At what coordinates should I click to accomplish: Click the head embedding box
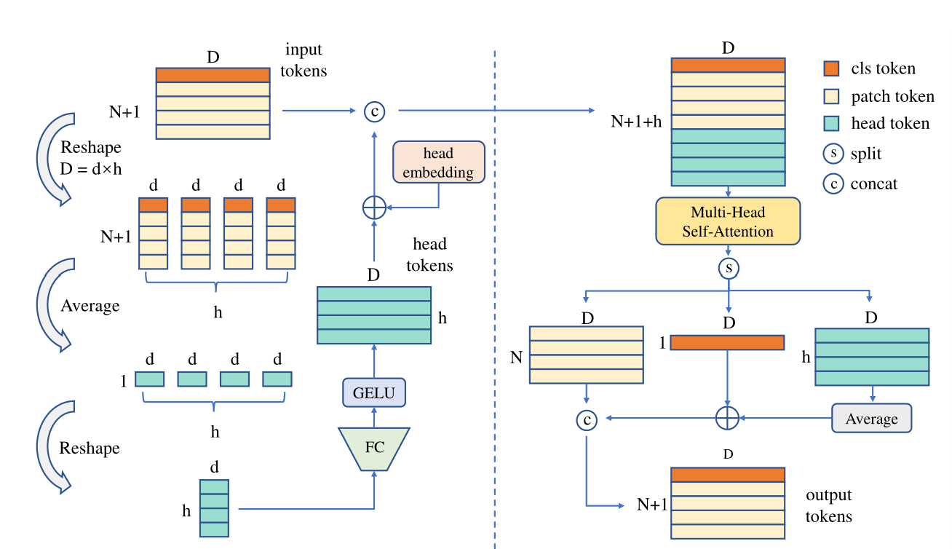coord(438,162)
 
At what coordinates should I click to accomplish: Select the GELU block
coord(373,393)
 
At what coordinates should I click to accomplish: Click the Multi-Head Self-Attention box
coord(728,221)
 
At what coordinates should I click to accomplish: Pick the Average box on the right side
coord(871,419)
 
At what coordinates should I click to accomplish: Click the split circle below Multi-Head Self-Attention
coord(728,269)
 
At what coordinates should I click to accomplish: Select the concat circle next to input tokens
coord(374,111)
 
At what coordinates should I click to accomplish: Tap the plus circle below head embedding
coord(374,208)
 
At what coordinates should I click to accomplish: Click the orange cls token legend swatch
coord(832,68)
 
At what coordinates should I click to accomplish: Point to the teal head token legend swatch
coord(832,124)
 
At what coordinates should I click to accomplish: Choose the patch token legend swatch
coord(832,96)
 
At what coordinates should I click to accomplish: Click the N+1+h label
coord(636,122)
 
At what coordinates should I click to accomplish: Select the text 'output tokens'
coord(828,505)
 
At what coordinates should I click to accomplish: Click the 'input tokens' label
coord(304,60)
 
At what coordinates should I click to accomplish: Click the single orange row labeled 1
coord(727,342)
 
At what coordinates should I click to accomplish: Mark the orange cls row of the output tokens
coord(728,475)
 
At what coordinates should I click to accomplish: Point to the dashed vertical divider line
coord(495,291)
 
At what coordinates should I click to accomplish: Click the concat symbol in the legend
coord(832,183)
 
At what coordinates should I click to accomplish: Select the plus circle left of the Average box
coord(728,418)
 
